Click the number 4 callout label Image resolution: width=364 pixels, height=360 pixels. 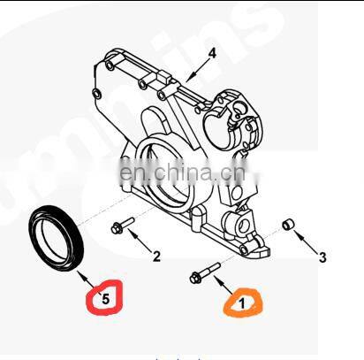tap(212, 53)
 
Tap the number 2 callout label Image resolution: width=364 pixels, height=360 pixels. tap(156, 257)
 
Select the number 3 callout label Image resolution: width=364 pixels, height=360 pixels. tap(322, 257)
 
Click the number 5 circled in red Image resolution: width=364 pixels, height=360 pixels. tap(105, 299)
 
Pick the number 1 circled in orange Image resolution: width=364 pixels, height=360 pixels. tap(242, 303)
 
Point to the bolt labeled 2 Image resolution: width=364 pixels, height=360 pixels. tap(123, 225)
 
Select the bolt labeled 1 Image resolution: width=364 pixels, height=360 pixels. tap(205, 273)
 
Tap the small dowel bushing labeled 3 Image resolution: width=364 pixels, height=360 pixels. tap(287, 224)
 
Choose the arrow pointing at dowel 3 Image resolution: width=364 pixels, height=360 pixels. tap(306, 242)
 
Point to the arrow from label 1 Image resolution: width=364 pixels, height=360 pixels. tap(224, 285)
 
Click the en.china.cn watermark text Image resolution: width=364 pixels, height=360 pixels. tap(182, 172)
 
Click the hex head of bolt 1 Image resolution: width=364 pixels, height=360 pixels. tap(194, 279)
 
